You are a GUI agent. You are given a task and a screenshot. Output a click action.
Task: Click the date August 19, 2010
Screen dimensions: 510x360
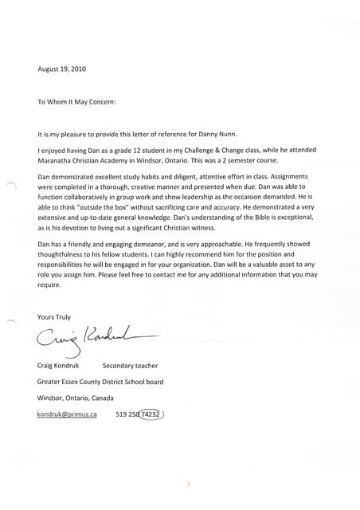tap(62, 69)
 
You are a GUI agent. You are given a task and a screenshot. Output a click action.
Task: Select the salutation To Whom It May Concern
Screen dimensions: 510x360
tap(77, 102)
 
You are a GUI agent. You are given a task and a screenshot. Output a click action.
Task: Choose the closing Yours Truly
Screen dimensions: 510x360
tap(53, 317)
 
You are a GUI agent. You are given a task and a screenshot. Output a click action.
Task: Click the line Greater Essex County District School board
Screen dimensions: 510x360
tap(100, 382)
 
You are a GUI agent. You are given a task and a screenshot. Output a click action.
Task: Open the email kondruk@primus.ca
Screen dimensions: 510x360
tap(67, 414)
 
